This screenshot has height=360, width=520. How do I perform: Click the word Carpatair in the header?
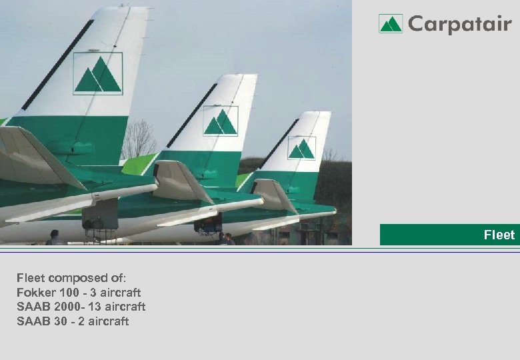[459, 25]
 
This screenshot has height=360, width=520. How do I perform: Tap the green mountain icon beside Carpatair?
[391, 24]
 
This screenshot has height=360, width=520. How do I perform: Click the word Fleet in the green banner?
[499, 235]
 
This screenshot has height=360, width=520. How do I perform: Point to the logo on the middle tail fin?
[220, 121]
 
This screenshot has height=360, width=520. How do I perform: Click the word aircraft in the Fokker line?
[121, 293]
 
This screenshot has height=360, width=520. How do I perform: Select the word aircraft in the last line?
[109, 321]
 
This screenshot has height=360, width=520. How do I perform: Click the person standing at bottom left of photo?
[55, 237]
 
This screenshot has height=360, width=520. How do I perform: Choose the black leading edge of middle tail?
[193, 115]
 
